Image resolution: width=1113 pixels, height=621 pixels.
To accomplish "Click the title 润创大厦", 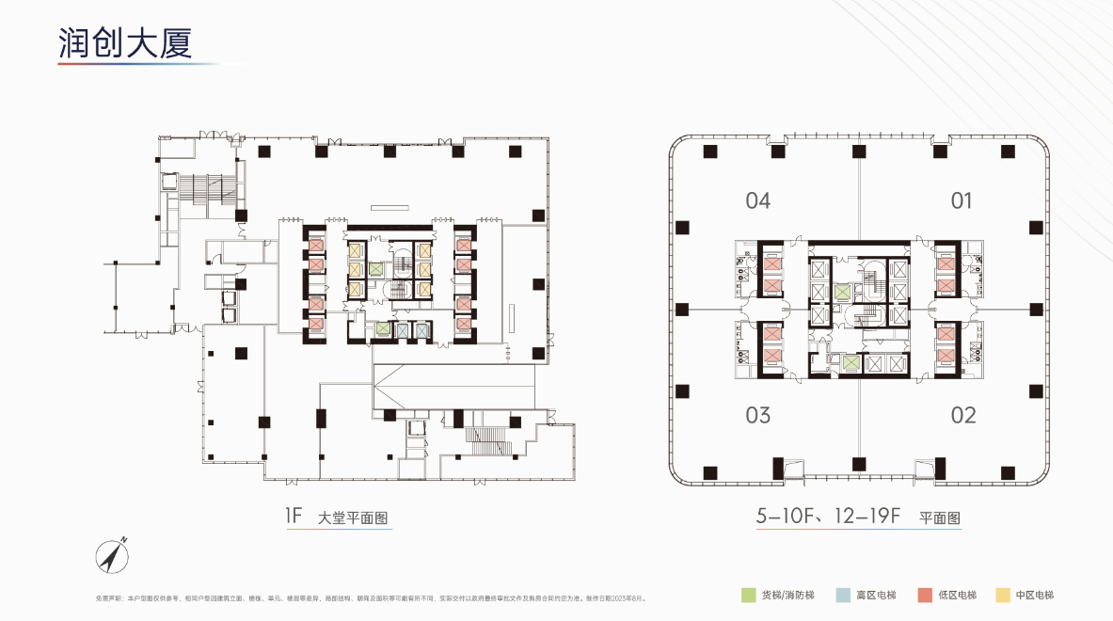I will [125, 43].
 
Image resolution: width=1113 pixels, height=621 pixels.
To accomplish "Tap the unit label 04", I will [757, 200].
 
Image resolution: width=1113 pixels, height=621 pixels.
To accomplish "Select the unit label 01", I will [961, 200].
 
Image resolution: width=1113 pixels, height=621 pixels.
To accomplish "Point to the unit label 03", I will [757, 415].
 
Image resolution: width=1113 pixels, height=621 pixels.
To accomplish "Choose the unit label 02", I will [962, 415].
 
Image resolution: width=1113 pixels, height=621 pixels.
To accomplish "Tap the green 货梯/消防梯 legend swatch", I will [748, 595].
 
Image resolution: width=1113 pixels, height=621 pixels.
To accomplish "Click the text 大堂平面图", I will [354, 517].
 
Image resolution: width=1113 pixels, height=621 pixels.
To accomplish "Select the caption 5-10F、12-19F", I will [829, 516].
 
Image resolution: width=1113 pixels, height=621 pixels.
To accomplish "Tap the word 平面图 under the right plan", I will [939, 517].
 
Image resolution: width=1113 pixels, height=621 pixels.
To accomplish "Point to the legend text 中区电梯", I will [1035, 596].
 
